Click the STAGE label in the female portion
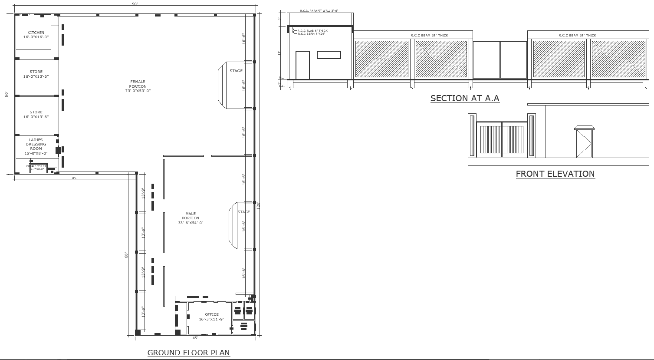click(x=236, y=71)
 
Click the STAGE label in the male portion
click(x=243, y=212)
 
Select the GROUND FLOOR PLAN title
click(x=188, y=353)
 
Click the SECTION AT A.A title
click(x=465, y=99)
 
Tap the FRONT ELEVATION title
click(x=555, y=174)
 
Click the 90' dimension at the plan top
click(x=135, y=4)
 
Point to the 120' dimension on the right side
click(x=258, y=205)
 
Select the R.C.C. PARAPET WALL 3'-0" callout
click(x=319, y=10)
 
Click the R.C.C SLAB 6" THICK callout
click(x=312, y=31)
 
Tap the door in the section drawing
click(x=302, y=65)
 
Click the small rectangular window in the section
click(x=329, y=55)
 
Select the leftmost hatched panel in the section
click(x=382, y=59)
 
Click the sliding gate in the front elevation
click(x=502, y=139)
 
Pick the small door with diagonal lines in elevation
click(x=584, y=143)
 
